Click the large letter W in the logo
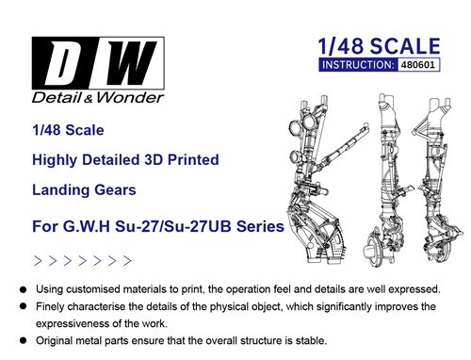(x=129, y=63)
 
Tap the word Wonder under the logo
(x=130, y=98)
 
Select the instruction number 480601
(x=418, y=65)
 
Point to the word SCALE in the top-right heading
(x=405, y=46)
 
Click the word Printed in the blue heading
(x=193, y=159)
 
